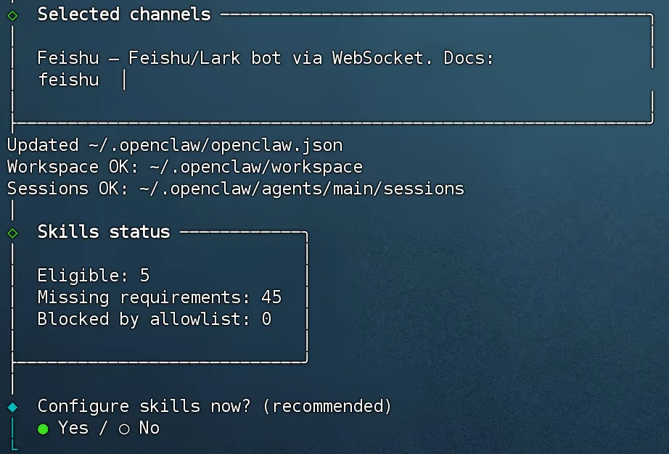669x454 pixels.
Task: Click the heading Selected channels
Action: (124, 14)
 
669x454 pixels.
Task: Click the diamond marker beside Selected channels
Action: (12, 15)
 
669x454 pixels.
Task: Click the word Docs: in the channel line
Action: (469, 58)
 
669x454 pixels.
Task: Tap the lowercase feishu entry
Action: (68, 80)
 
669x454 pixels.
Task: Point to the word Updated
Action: (43, 145)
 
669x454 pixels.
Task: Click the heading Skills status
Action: (104, 232)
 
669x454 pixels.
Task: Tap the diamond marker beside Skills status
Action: (12, 233)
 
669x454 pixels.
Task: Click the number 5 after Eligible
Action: (144, 276)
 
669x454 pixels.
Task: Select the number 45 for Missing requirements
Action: (271, 297)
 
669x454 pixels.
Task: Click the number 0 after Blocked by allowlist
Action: (266, 319)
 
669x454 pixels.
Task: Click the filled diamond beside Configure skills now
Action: (12, 407)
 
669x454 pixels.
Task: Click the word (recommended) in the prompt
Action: (327, 406)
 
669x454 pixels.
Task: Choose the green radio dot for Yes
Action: (43, 429)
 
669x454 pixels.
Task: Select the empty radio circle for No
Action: (124, 429)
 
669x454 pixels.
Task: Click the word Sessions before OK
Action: (48, 189)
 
